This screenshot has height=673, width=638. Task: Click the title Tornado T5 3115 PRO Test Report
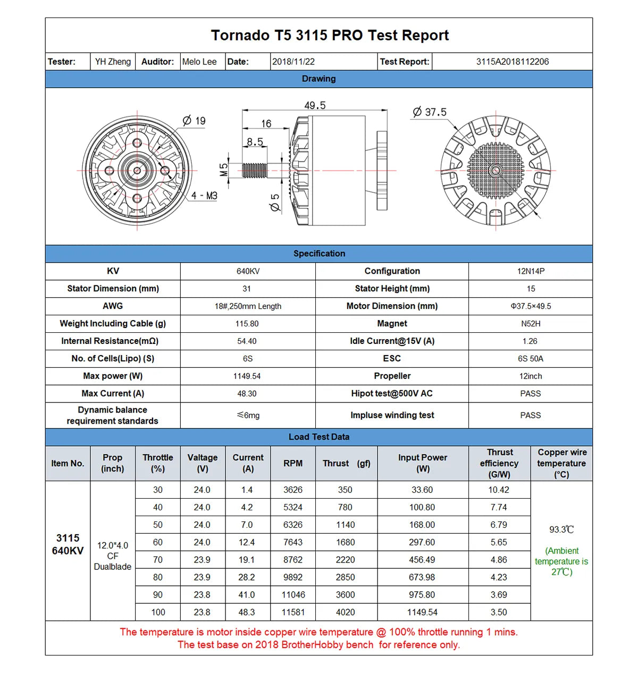tap(330, 36)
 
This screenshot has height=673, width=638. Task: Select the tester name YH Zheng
tap(113, 62)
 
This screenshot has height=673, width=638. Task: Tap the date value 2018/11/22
tap(293, 62)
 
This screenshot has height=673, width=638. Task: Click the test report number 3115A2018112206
tap(512, 62)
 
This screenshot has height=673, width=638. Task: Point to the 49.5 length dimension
tap(315, 105)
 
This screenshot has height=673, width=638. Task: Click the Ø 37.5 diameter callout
tap(430, 112)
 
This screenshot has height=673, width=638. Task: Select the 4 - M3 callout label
tap(204, 196)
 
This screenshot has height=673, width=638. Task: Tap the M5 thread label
tap(224, 170)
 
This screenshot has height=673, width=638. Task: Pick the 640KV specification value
tap(248, 271)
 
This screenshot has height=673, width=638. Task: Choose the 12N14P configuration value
tap(531, 271)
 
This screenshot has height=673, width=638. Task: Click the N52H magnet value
tap(531, 324)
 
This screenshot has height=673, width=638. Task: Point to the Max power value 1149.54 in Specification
tap(247, 376)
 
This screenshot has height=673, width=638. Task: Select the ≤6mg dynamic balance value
tap(248, 415)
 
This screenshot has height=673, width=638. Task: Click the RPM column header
tap(293, 464)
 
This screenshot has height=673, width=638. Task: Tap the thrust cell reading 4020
tap(345, 612)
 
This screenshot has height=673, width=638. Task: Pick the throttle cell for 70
tap(158, 560)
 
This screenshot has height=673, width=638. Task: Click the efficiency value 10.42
tap(499, 490)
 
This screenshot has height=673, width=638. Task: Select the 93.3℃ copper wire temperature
tap(561, 529)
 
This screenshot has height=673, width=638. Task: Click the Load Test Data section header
tap(319, 437)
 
